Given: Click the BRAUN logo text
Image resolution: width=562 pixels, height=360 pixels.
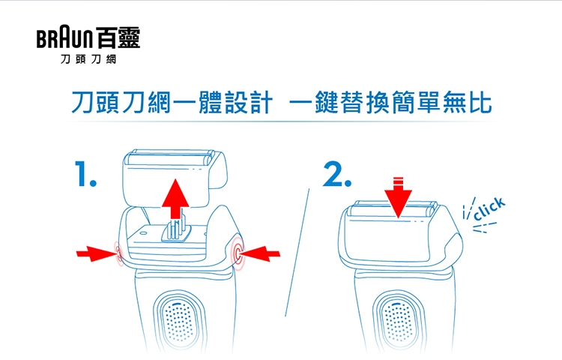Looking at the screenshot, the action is [x=64, y=38].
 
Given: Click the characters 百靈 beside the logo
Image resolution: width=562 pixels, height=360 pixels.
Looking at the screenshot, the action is [x=118, y=37].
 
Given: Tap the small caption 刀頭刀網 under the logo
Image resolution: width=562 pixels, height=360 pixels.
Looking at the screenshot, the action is [x=88, y=59].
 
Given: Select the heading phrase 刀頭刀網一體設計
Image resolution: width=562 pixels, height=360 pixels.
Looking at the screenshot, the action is [x=172, y=103].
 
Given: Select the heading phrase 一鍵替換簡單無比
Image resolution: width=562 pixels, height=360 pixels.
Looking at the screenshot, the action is [x=390, y=103].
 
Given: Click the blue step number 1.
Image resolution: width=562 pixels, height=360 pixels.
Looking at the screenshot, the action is [x=85, y=173].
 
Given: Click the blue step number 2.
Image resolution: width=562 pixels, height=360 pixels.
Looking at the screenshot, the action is [x=337, y=174].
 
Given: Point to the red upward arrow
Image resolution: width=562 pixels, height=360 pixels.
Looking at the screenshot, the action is [x=175, y=199].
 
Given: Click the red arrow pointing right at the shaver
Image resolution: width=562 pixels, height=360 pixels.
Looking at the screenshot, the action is [x=97, y=253].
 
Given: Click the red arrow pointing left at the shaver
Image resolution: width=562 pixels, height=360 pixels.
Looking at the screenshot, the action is [x=259, y=253].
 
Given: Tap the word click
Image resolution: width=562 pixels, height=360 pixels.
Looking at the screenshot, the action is [x=489, y=208].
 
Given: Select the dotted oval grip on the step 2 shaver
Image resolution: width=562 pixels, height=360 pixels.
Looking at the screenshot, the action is [x=398, y=321].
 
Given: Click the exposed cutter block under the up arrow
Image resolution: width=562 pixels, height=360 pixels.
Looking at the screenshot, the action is [x=175, y=229].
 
